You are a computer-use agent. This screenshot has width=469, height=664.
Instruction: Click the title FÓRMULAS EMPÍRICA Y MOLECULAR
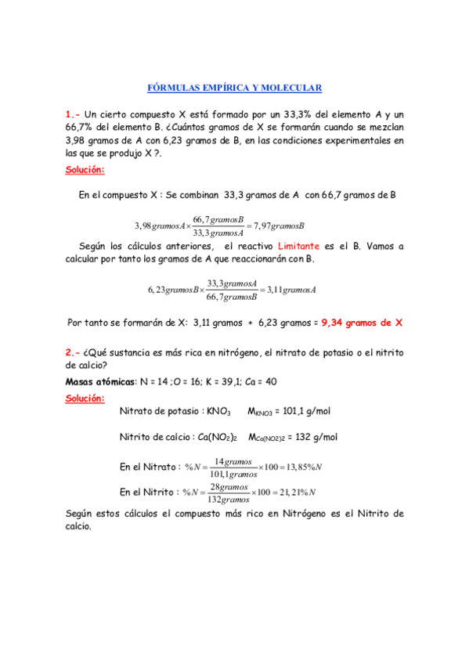(235, 88)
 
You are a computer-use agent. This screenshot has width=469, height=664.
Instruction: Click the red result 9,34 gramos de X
(361, 322)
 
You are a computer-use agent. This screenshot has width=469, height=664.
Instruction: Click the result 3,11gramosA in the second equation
(290, 290)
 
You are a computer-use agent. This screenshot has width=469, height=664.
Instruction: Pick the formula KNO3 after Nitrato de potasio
(218, 411)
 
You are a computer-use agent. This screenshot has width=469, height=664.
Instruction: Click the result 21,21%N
(294, 493)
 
